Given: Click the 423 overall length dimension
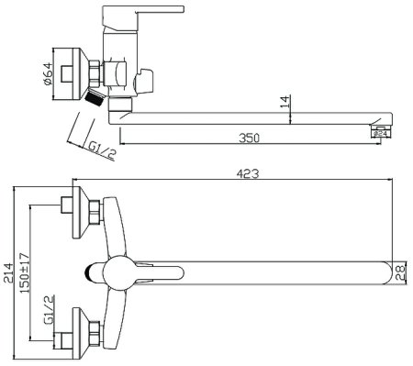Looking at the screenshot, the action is click(248, 173).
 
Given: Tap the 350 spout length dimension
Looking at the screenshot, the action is click(249, 138).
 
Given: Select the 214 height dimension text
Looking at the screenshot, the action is click(8, 272).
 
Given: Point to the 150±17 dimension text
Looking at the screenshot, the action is click(25, 272).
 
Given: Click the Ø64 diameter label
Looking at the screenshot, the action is click(48, 73).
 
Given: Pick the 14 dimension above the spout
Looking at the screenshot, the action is click(285, 102).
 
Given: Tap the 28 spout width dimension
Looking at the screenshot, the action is click(400, 273).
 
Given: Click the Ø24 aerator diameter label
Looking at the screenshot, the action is click(381, 133).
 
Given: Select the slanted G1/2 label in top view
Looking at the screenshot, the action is click(102, 151).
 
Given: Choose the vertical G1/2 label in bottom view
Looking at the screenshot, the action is click(50, 310).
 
